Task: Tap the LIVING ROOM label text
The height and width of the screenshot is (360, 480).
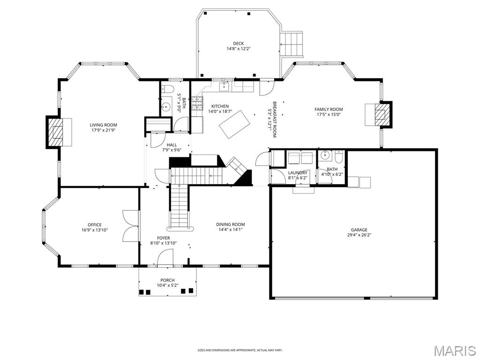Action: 103,125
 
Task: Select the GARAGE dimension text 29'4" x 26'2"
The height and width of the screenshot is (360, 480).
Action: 360,235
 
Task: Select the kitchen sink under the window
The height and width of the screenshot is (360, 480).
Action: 225,86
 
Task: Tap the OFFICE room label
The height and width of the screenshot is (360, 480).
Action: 94,225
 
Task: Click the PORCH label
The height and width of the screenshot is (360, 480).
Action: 167,280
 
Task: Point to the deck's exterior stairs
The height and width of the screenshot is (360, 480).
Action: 292,44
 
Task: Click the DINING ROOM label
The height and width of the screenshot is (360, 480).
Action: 230,225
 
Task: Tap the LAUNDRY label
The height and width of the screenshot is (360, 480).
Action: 298,172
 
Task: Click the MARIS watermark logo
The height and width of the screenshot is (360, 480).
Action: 453,351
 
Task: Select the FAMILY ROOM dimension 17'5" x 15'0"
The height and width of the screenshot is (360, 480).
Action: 329,114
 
